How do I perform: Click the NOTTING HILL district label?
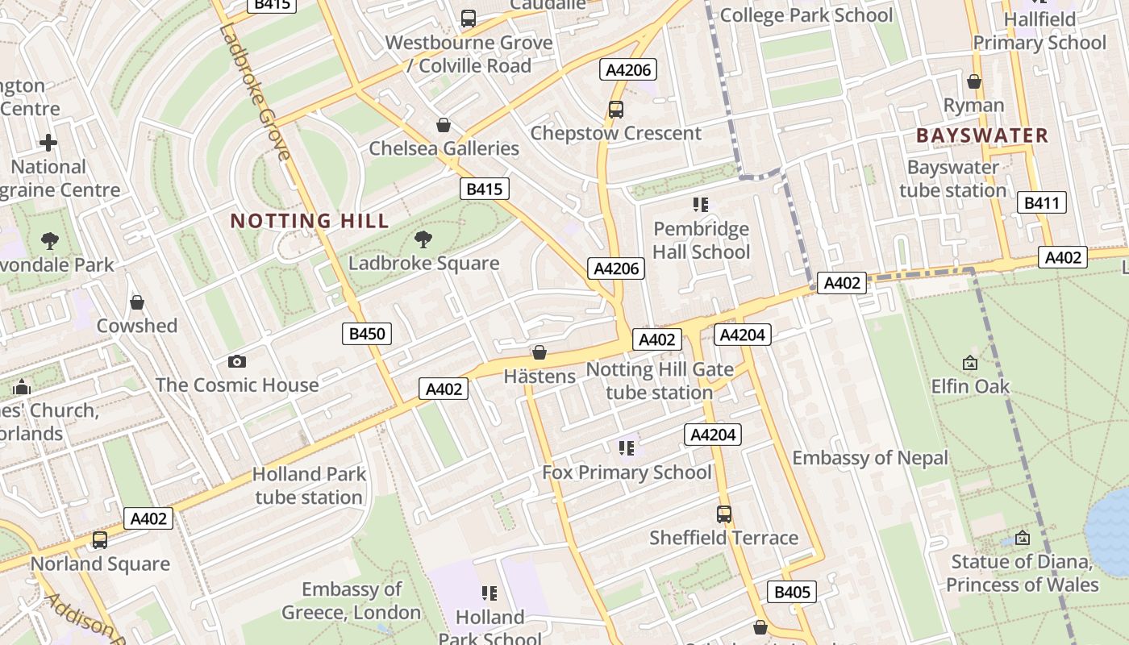(310, 220)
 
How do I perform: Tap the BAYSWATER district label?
(982, 135)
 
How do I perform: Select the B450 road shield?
(367, 334)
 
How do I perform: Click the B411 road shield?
(1041, 203)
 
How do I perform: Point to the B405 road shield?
(792, 593)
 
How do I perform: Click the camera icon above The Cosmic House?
(236, 361)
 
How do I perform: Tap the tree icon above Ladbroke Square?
(423, 239)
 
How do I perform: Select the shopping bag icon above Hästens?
(540, 353)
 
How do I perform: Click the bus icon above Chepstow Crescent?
(616, 110)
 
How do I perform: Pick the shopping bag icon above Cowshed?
(137, 303)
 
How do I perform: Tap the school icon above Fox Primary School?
(627, 448)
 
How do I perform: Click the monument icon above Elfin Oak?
(970, 364)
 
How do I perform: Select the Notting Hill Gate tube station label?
(660, 381)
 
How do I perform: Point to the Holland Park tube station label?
(309, 485)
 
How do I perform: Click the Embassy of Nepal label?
(870, 458)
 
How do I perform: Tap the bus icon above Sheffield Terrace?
(724, 514)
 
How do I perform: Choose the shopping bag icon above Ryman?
(974, 81)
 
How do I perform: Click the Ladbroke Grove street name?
(254, 93)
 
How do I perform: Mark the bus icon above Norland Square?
(100, 540)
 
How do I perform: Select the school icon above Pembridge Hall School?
(700, 205)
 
